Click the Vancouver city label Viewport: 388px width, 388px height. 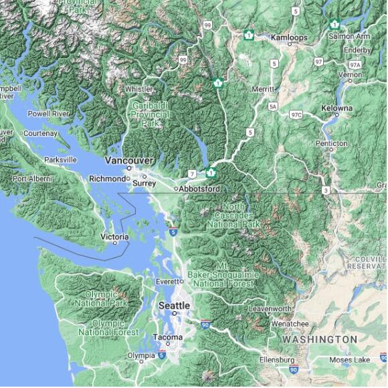(x=130, y=161)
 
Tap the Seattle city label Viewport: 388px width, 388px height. (x=174, y=305)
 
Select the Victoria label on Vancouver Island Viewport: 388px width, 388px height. (x=114, y=237)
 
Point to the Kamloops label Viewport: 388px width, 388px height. (x=289, y=37)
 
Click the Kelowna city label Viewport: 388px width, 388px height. (x=336, y=108)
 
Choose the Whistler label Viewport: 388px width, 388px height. (x=138, y=88)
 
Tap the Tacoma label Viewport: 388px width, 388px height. (x=167, y=337)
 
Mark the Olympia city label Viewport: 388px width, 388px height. (x=141, y=355)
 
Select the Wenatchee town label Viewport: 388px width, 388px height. (x=289, y=324)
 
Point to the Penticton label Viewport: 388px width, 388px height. (x=332, y=143)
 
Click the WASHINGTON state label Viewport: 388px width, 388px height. (x=319, y=339)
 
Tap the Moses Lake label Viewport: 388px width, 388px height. (x=349, y=359)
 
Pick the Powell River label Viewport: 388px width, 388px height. (x=48, y=114)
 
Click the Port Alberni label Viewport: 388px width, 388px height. (x=33, y=179)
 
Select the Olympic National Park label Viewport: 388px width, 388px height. (x=101, y=298)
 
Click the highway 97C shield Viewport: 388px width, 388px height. (x=296, y=114)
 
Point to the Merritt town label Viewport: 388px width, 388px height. (x=262, y=89)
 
